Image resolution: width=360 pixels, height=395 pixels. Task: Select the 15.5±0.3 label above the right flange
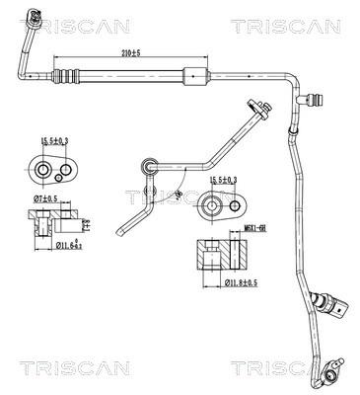224,179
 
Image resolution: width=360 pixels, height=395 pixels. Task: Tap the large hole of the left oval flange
42,171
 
